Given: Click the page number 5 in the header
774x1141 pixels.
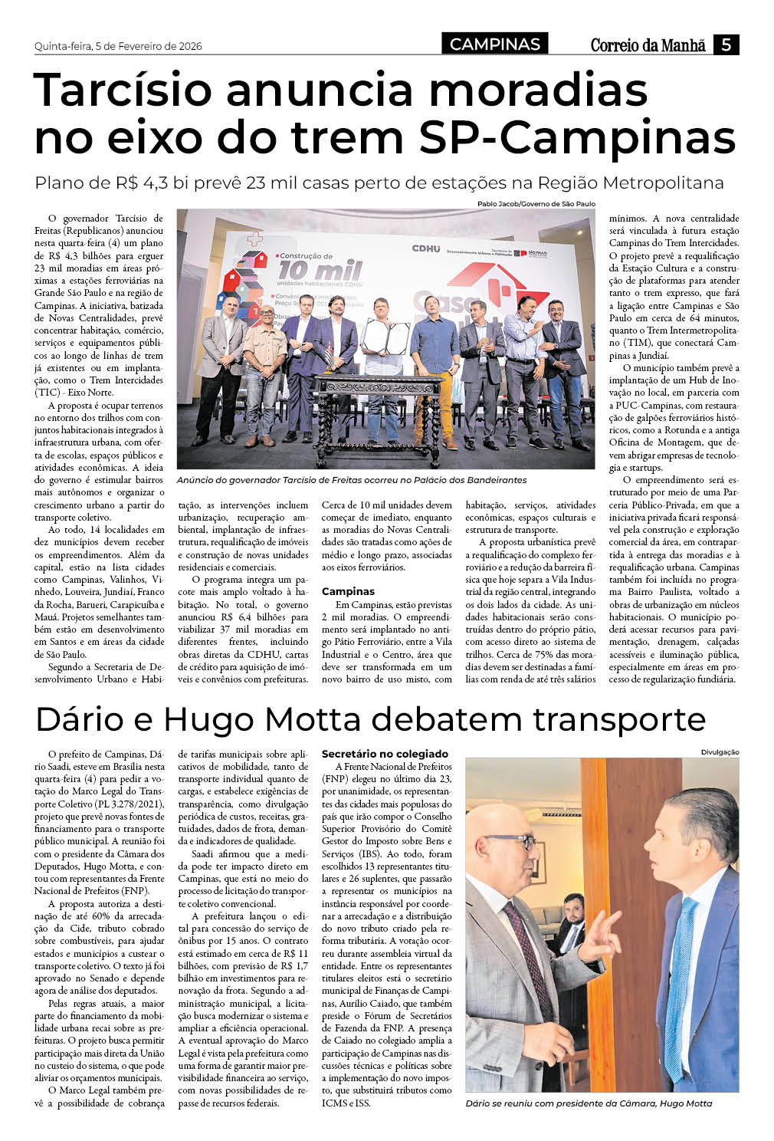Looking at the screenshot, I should coord(726,44).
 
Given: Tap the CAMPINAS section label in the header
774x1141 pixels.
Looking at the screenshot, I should coord(494,44).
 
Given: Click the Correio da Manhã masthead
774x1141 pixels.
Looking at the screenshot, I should coord(648,45).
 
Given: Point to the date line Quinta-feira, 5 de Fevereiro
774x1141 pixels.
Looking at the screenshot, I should coord(118,46).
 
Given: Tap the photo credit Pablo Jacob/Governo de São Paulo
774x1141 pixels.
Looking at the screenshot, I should coord(536,204).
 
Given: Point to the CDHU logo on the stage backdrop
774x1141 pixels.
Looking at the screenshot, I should coord(426,248).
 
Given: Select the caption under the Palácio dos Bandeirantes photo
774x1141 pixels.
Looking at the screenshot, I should coord(352,480).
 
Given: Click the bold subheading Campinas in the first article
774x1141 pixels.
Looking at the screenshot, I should coord(348,591).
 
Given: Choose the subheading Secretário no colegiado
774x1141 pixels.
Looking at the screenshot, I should coord(385,754).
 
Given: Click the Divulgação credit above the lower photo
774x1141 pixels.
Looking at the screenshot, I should coord(720,752).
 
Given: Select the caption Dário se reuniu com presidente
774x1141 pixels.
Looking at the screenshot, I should coord(589,1103).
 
